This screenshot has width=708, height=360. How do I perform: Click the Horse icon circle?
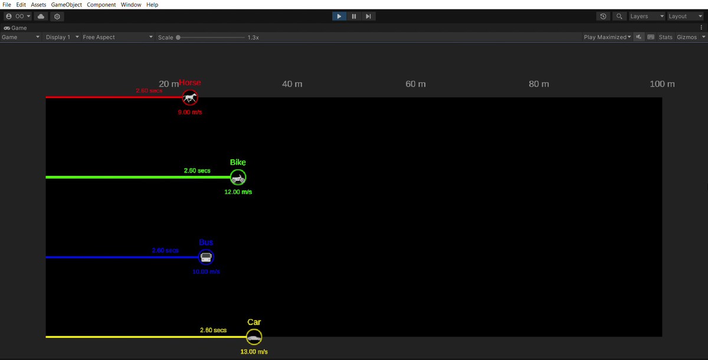click(x=189, y=97)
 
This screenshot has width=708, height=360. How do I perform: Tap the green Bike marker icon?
click(x=238, y=177)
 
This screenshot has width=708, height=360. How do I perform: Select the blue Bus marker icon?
click(x=206, y=257)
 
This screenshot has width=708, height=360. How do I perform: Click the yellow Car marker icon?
click(x=254, y=337)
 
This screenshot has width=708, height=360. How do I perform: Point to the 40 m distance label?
click(x=292, y=84)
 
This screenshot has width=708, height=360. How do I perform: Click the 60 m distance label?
click(x=415, y=84)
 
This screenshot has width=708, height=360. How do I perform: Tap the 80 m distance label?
click(x=539, y=84)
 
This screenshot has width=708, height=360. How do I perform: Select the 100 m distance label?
click(x=662, y=84)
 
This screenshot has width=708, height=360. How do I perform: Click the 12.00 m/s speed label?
click(x=238, y=192)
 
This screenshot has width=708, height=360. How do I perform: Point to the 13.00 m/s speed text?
click(x=254, y=352)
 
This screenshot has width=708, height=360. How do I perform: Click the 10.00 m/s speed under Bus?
click(x=206, y=272)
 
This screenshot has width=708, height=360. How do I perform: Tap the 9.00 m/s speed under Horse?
click(x=189, y=112)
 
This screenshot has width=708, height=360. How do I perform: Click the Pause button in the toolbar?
click(x=354, y=17)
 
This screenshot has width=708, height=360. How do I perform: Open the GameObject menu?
click(x=67, y=5)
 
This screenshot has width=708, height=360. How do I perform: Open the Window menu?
click(x=130, y=5)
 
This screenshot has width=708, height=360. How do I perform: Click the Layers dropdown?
click(x=646, y=17)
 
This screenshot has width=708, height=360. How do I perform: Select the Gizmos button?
click(x=690, y=37)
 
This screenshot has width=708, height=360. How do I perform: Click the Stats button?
click(x=666, y=37)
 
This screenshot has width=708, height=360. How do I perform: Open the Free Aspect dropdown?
click(x=117, y=37)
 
